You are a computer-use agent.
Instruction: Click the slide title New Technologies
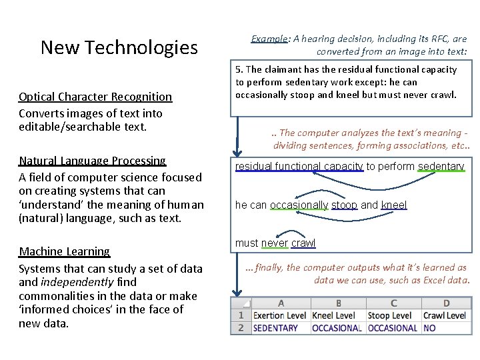click(119, 47)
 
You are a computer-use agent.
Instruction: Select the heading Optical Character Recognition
click(95, 97)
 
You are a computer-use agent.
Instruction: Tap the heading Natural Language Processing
click(92, 161)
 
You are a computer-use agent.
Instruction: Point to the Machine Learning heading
click(64, 251)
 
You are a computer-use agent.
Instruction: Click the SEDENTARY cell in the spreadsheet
click(275, 328)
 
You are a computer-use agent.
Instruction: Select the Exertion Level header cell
click(280, 315)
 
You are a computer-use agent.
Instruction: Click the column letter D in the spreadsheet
click(446, 303)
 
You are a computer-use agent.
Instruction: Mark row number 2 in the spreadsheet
click(241, 328)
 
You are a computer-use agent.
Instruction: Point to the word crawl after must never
click(303, 243)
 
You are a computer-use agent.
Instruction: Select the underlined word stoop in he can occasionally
click(344, 205)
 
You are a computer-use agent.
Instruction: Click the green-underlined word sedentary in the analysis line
click(441, 167)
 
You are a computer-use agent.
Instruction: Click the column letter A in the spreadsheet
click(280, 303)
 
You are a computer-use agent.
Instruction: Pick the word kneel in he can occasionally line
click(393, 205)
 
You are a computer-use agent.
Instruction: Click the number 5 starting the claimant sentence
click(238, 69)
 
